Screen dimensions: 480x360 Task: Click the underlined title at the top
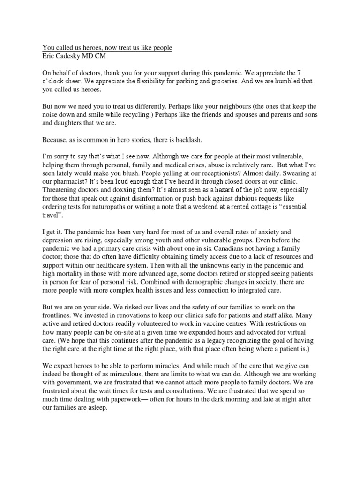[x=107, y=48]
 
